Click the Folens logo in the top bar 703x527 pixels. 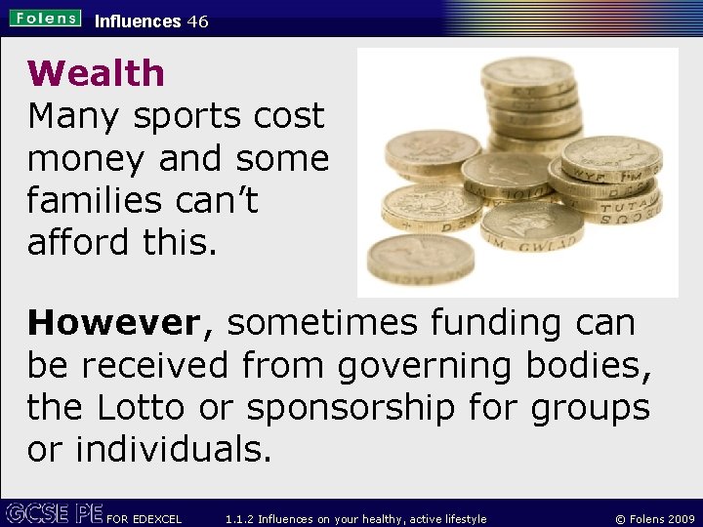click(x=46, y=19)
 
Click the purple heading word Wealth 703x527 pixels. click(x=97, y=73)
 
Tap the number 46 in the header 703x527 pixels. click(x=197, y=20)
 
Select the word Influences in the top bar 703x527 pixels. click(x=138, y=20)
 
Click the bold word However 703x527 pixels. click(x=112, y=322)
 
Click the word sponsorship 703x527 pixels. click(x=351, y=408)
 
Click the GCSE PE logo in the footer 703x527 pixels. click(x=53, y=512)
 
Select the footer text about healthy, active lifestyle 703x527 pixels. click(x=355, y=518)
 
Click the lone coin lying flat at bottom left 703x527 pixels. click(x=420, y=259)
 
